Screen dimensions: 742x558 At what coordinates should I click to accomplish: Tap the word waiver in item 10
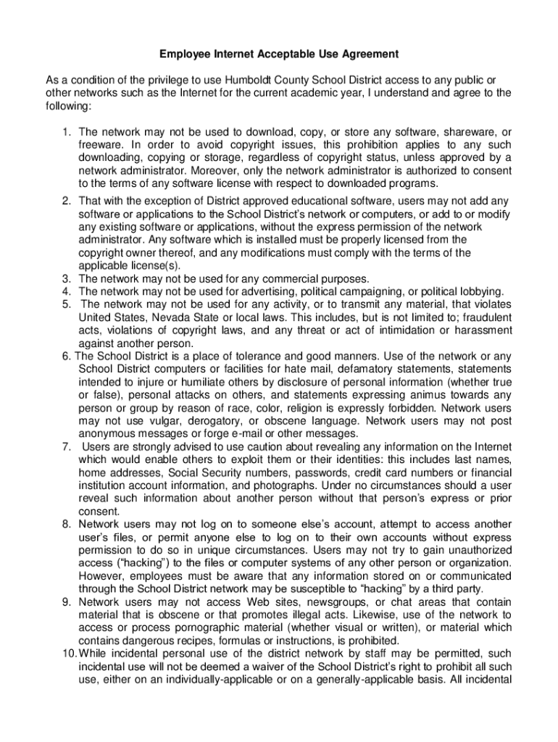point(275,667)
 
